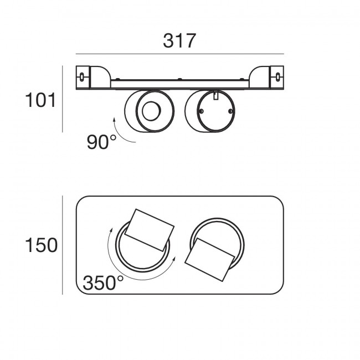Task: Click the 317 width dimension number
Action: click(179, 41)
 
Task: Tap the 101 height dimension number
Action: click(40, 100)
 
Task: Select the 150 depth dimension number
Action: click(41, 245)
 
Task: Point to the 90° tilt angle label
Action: click(101, 142)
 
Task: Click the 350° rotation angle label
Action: click(103, 282)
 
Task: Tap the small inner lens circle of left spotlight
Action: click(151, 111)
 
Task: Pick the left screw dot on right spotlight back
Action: click(201, 111)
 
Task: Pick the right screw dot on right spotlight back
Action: click(230, 111)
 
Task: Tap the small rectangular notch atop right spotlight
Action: click(215, 95)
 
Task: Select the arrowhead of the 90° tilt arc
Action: click(114, 120)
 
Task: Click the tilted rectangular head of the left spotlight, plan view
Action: click(150, 230)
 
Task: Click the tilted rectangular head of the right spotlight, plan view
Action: click(210, 260)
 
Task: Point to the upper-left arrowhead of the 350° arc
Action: click(111, 230)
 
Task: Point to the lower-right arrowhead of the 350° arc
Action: click(174, 259)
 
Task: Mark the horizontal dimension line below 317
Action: click(180, 54)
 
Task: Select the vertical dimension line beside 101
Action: click(63, 99)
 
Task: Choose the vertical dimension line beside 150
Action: click(63, 245)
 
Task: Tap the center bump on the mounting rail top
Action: click(180, 79)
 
